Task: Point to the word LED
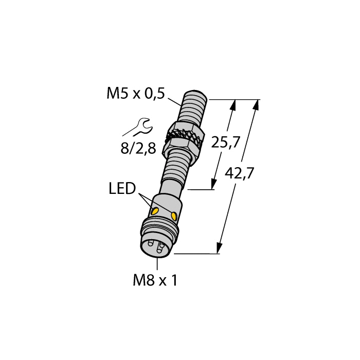122,190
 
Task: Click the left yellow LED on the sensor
153,210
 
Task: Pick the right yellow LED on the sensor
175,215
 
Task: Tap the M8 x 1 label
155,281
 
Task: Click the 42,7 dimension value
240,173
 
